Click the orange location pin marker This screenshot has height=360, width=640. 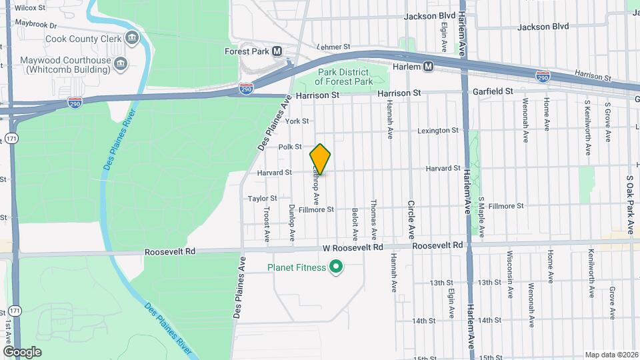320,159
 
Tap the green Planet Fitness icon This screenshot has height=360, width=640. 337,268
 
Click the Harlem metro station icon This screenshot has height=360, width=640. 429,67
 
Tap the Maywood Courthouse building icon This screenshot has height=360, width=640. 121,64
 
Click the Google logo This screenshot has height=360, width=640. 22,352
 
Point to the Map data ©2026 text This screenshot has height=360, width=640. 611,355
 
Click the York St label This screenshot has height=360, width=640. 297,121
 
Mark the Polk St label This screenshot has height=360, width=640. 290,147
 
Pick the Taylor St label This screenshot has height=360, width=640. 262,199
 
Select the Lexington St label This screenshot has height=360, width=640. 437,131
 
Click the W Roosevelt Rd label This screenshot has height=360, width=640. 353,247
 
